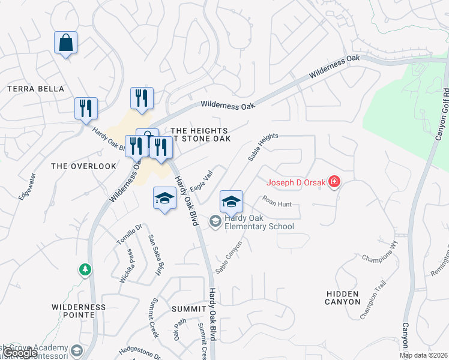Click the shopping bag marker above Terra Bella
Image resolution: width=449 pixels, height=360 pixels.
66,43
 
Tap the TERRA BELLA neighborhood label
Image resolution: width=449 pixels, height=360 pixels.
35,89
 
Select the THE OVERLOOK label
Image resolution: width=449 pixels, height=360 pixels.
83,166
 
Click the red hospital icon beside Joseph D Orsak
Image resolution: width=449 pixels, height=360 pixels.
334,182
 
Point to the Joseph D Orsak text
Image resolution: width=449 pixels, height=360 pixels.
296,182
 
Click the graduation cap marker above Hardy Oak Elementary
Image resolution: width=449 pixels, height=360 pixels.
231,202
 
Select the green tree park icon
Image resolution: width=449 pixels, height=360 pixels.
85,270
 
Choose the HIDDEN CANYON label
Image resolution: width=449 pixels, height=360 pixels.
343,297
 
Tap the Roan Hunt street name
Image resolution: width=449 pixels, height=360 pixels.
277,203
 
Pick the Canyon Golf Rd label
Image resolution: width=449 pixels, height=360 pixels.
444,114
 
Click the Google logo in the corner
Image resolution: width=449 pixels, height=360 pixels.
19,353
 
